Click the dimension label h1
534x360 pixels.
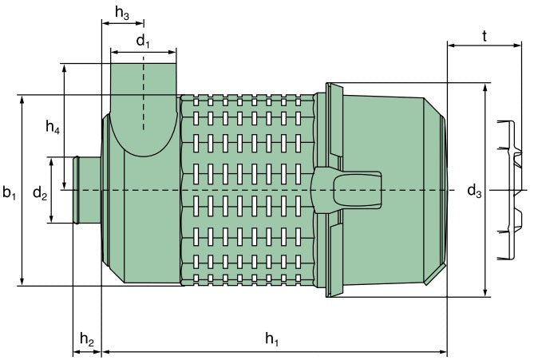272,339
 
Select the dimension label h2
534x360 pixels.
87,339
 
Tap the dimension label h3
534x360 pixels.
122,12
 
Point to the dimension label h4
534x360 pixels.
53,126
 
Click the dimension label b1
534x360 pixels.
9,192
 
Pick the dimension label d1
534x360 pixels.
143,41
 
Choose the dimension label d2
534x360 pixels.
40,192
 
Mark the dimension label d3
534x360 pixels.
474,191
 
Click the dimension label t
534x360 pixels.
485,36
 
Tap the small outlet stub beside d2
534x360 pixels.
86,190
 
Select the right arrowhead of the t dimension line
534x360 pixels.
522,45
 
